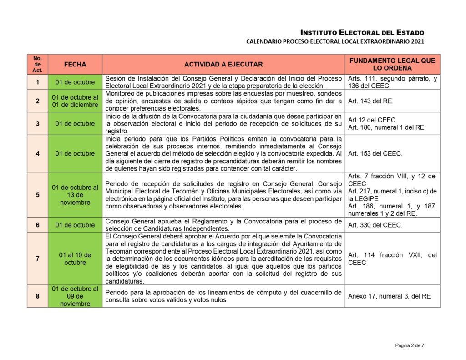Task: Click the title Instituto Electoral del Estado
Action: tap(362, 32)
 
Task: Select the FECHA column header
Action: tap(75, 65)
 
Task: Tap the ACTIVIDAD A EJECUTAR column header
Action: tap(223, 65)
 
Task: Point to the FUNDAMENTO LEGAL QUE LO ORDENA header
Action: tap(392, 64)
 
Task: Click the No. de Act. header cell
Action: tap(37, 65)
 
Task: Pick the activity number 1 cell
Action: tap(37, 82)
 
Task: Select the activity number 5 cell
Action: tap(37, 195)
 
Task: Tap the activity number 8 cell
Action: tap(37, 296)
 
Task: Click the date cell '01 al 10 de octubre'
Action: tap(75, 259)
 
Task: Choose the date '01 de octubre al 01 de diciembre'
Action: tap(75, 101)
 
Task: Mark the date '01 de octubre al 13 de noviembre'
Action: tap(75, 195)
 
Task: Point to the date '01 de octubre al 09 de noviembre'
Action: tap(75, 296)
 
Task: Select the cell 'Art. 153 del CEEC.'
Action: tap(375, 154)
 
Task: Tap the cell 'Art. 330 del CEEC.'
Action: tap(375, 225)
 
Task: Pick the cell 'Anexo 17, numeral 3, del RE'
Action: tap(389, 296)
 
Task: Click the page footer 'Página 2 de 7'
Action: tap(410, 345)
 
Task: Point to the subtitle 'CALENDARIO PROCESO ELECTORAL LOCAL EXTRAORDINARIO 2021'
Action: tap(335, 41)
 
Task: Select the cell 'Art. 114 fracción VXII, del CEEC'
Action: tap(392, 259)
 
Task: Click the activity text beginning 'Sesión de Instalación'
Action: tap(223, 82)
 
